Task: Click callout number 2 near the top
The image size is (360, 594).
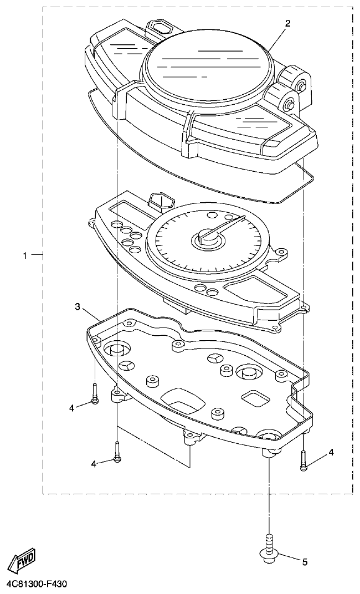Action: pos(287,23)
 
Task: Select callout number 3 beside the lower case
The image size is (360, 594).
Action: pos(78,306)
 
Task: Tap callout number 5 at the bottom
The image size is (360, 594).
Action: pos(304,562)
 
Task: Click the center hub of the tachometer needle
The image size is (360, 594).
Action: pos(207,239)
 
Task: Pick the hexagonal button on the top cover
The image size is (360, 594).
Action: pos(162,26)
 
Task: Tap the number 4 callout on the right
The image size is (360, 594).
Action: pos(331,453)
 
